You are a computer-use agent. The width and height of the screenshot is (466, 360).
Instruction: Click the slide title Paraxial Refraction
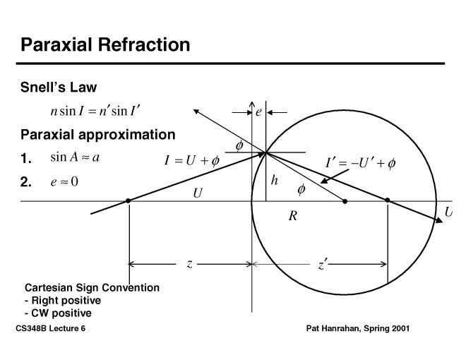coord(105,45)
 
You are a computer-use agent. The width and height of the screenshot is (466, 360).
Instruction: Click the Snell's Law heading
coord(59,88)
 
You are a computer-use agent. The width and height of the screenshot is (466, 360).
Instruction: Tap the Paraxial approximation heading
coord(98,134)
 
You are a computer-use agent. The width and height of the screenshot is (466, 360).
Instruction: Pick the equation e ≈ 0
coord(64,181)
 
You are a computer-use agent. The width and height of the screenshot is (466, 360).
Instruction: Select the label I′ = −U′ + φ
coord(360,164)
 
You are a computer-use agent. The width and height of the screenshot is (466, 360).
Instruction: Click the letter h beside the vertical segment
coord(275,181)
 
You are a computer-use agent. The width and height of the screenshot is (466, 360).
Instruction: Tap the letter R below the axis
coord(292,216)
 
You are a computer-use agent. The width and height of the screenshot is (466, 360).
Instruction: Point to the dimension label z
coord(189,264)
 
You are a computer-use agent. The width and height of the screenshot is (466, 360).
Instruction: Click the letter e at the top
coord(259,112)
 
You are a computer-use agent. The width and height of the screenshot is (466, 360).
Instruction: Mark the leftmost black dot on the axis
coord(128,201)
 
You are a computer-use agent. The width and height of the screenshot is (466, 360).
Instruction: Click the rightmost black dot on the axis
coord(388,201)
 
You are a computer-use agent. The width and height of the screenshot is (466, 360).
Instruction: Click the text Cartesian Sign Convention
coord(92,287)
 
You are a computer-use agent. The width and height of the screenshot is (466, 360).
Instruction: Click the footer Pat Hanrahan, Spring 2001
coord(358,329)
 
